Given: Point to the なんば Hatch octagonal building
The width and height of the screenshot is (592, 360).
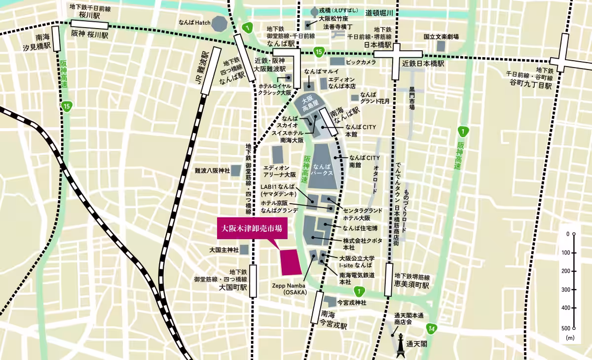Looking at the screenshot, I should click(219, 23).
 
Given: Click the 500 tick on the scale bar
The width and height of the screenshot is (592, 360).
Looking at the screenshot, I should click(574, 328).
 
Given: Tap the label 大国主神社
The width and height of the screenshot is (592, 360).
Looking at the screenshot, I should click(224, 250).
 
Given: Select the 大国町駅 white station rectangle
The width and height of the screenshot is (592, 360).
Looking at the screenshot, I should click(253, 281).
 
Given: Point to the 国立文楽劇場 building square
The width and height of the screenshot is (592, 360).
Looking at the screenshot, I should click(441, 46).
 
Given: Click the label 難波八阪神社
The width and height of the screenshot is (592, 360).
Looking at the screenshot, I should click(212, 171).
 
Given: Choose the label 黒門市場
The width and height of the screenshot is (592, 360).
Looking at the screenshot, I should click(412, 98).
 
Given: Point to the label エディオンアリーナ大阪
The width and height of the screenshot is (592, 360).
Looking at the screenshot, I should click(279, 171).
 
